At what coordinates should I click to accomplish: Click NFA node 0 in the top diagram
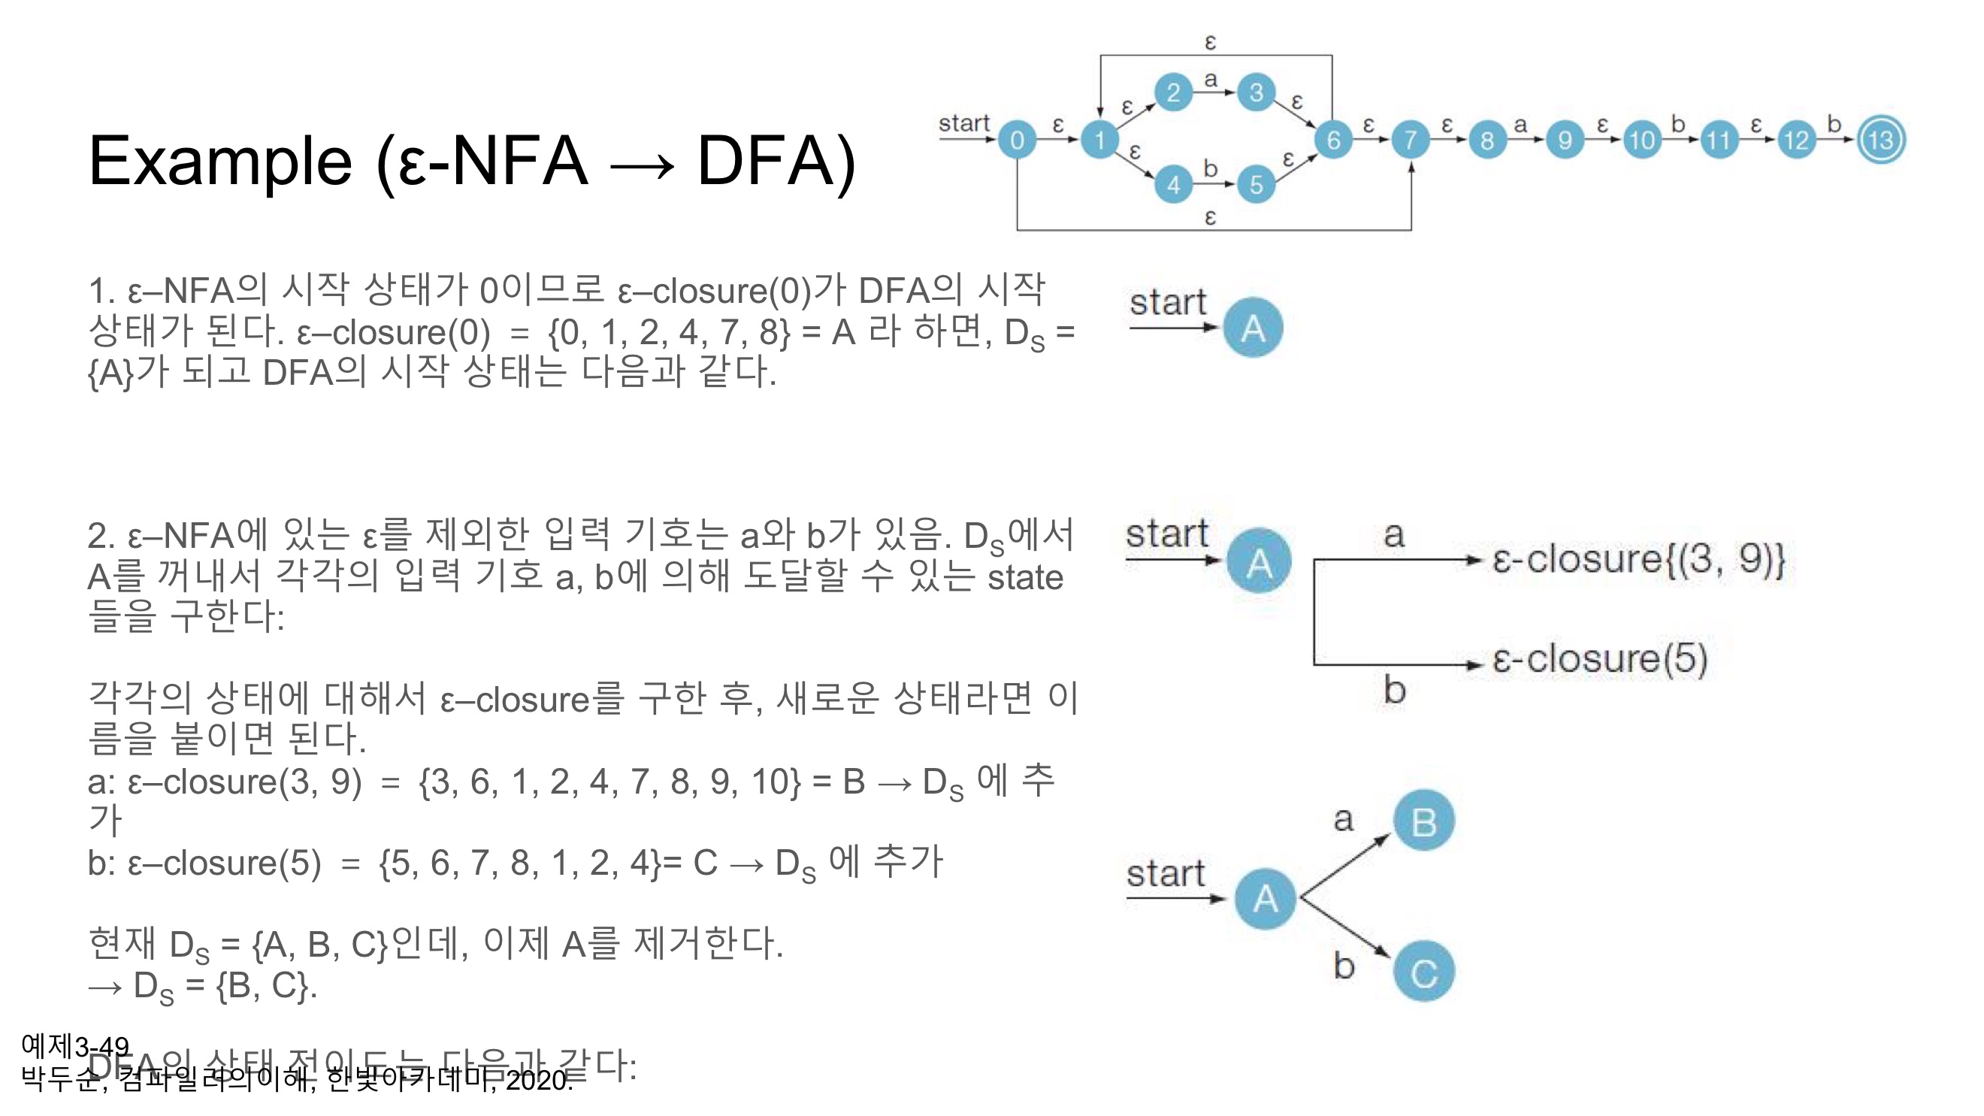(x=1017, y=141)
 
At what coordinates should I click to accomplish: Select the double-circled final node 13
(x=1881, y=141)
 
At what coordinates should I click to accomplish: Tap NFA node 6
(x=1333, y=141)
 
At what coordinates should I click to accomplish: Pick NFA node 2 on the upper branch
(x=1173, y=93)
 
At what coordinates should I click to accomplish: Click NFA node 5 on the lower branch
(x=1257, y=185)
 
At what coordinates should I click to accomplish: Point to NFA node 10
(x=1641, y=141)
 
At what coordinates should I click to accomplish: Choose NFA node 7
(x=1410, y=141)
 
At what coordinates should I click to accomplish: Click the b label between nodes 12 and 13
(x=1834, y=123)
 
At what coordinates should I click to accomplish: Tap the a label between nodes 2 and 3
(x=1211, y=79)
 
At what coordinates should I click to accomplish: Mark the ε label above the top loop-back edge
(x=1210, y=41)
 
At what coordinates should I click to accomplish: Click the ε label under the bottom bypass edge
(x=1210, y=218)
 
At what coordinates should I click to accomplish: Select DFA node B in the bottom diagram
(x=1424, y=821)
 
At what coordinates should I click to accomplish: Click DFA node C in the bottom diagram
(x=1424, y=972)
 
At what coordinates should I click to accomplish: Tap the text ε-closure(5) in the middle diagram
(x=1600, y=659)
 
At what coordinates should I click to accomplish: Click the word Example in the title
(x=220, y=162)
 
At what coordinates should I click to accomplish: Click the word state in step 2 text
(x=1024, y=578)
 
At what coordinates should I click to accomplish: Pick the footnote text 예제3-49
(x=75, y=1046)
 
